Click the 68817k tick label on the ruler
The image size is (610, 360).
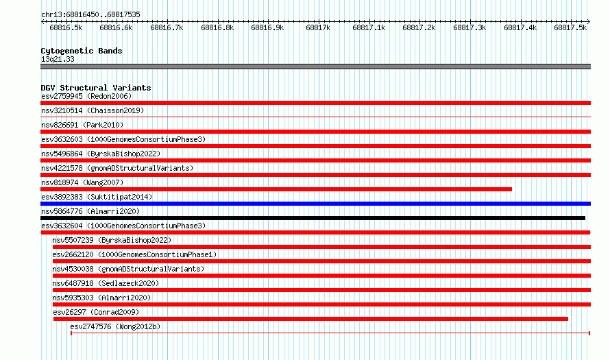318,27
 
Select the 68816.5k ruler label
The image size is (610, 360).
66,27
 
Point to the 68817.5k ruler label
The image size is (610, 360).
570,27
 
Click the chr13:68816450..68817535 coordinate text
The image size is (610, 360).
90,14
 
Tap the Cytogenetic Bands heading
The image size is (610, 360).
82,51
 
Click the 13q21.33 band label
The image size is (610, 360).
58,59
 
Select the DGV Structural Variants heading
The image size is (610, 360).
96,88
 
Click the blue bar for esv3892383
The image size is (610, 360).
315,204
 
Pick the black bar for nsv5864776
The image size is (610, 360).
313,218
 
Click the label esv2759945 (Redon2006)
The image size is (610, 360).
86,96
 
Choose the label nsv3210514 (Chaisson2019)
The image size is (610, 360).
93,110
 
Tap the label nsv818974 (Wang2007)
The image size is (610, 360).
82,182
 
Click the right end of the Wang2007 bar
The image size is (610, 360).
511,189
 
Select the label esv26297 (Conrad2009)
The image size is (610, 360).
96,312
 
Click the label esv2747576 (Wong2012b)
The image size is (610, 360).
115,326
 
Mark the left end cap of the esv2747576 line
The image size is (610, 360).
71,333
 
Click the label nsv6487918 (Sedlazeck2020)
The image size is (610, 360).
106,283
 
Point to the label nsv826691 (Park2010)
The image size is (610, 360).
82,125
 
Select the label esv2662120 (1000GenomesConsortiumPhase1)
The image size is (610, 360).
134,254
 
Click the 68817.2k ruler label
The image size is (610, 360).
419,27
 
